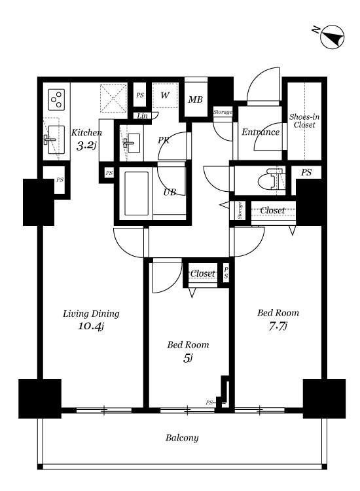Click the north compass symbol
point(332,37)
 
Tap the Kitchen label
point(86,133)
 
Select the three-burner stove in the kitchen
point(57,100)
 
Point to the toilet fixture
point(271,180)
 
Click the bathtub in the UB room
point(136,193)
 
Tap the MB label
point(195,100)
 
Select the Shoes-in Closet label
point(304,121)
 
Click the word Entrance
point(261,132)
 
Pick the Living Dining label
point(91,314)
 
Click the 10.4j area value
point(90,326)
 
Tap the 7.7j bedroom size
point(278,326)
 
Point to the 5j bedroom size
point(188,358)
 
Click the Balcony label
point(182,438)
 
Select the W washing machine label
point(165,95)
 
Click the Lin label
point(143,116)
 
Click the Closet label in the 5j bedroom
point(202,274)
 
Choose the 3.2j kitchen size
point(86,145)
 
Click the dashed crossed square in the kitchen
point(113,98)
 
